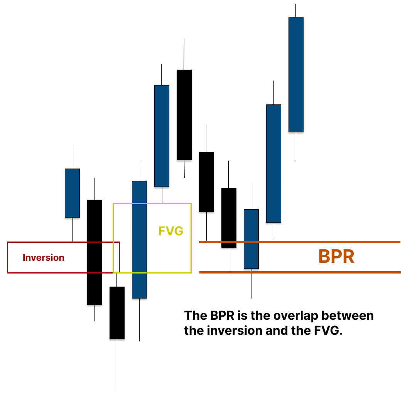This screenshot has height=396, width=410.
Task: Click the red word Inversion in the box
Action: click(44, 257)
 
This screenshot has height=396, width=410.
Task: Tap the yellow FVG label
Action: click(170, 231)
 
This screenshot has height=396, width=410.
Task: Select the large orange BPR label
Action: click(336, 257)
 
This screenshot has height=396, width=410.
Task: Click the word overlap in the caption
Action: click(296, 316)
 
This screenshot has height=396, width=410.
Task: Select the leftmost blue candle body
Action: click(72, 193)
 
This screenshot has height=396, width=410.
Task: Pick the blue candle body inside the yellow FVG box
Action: click(139, 239)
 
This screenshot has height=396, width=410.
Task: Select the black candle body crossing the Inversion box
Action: click(94, 252)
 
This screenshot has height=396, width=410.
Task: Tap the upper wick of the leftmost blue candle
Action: click(72, 157)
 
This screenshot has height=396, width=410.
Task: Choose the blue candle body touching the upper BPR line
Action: click(251, 239)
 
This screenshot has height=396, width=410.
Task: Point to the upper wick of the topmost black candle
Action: click(184, 54)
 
